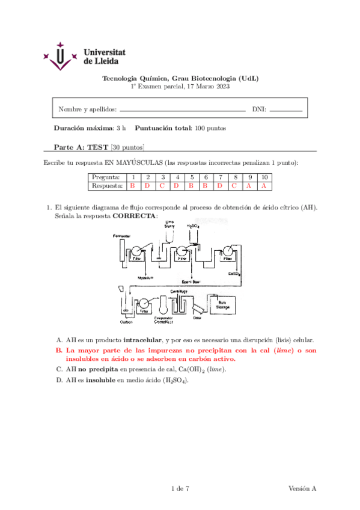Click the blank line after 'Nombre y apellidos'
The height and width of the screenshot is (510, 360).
point(183,111)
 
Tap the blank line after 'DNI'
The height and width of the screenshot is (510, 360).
point(285,111)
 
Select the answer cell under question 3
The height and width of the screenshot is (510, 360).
point(162,186)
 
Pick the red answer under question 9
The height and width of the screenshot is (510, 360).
point(248,186)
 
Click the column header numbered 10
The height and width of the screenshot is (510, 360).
point(263,177)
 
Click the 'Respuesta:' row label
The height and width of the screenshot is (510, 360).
point(106,186)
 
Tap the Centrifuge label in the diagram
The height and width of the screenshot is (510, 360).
point(179,291)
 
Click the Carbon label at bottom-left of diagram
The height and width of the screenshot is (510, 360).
point(126,322)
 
